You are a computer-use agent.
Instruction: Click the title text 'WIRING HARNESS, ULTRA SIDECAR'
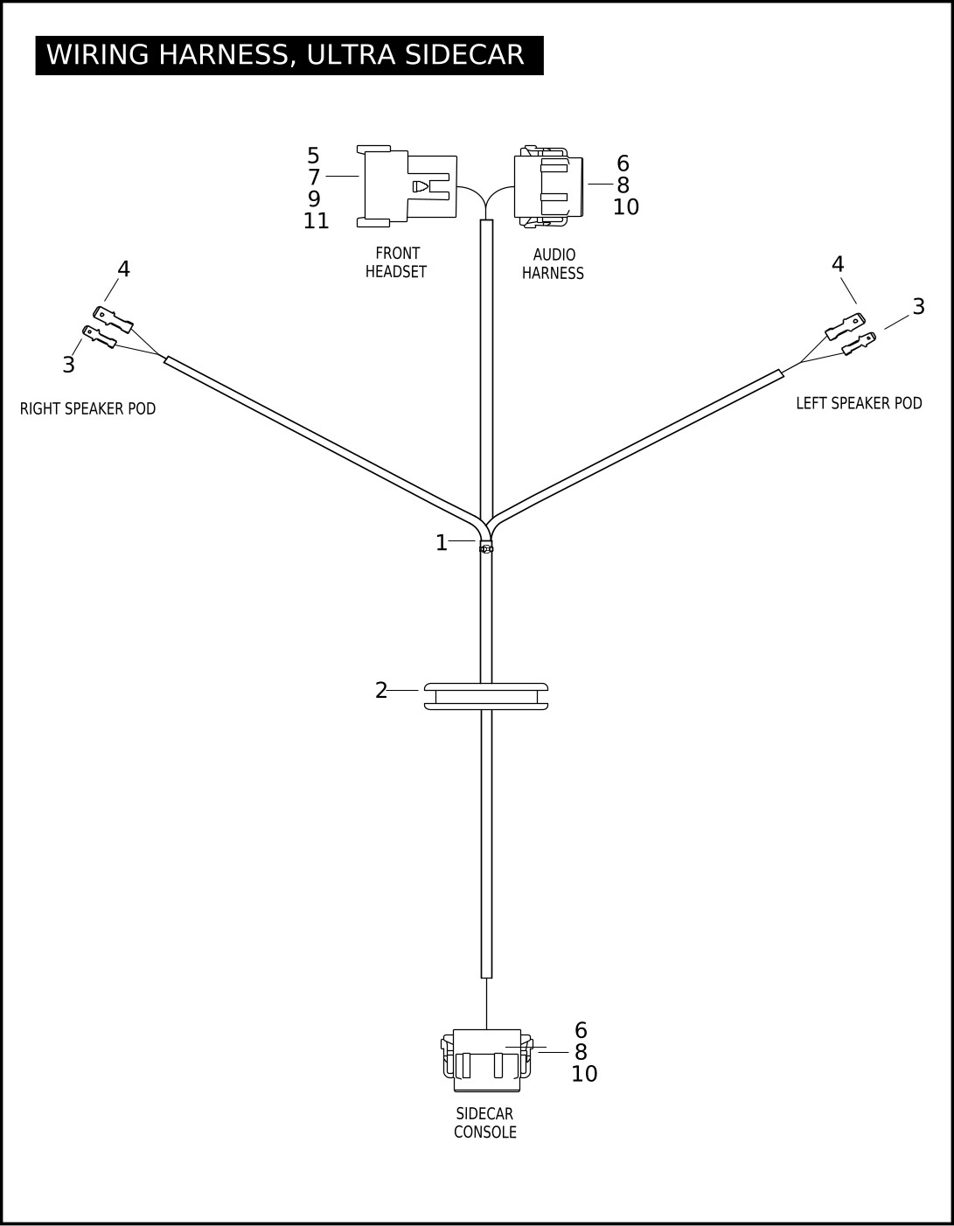click(285, 55)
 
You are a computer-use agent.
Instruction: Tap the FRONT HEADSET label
click(396, 262)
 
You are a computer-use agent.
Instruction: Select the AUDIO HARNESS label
click(553, 264)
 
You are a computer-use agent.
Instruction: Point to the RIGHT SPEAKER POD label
click(87, 408)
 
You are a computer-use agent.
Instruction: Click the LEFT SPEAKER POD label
click(859, 403)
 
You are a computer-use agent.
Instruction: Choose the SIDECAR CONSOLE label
click(484, 1123)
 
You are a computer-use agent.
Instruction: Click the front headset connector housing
click(407, 186)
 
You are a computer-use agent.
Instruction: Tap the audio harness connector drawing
click(548, 187)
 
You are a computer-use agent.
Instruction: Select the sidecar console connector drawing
click(487, 1060)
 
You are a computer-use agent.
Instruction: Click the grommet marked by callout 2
click(486, 696)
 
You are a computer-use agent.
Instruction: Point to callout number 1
click(442, 543)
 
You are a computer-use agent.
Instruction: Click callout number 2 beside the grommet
click(381, 691)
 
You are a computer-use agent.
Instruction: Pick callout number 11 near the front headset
click(317, 221)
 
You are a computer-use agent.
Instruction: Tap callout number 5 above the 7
click(313, 157)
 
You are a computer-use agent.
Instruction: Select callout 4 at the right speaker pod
click(123, 269)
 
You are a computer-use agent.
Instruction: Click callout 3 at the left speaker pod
click(918, 307)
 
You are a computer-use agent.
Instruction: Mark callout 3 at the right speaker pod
click(68, 366)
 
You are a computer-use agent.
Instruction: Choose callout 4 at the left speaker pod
click(838, 264)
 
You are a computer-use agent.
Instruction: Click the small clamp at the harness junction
click(486, 548)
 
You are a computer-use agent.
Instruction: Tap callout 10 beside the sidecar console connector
click(584, 1074)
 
